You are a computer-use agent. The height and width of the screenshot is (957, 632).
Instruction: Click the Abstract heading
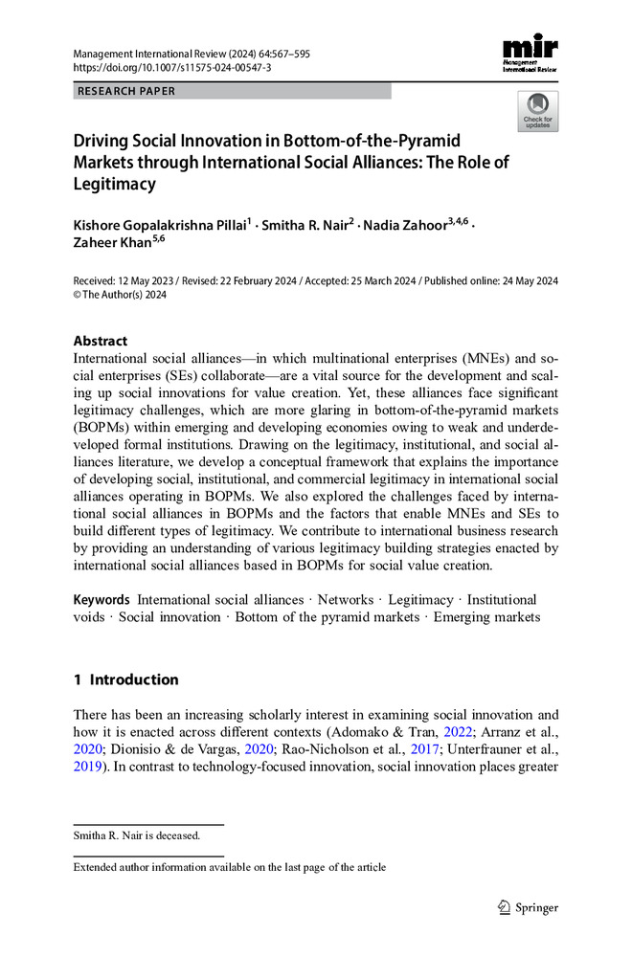[101, 340]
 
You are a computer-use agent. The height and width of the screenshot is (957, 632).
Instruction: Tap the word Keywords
[102, 599]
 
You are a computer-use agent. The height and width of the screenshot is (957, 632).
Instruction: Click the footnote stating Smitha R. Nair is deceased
[137, 835]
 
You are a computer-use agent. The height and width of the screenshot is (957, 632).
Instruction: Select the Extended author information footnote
[230, 867]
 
